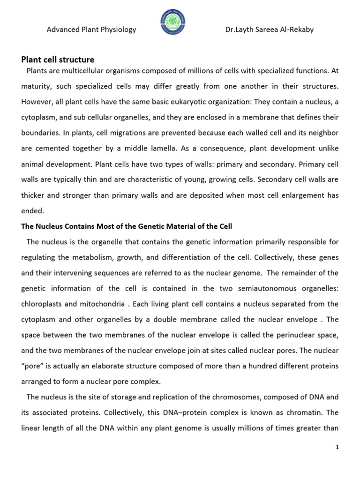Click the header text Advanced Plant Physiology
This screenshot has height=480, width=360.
(x=91, y=30)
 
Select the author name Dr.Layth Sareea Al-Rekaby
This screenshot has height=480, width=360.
(x=270, y=30)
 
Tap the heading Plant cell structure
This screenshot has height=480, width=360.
(x=58, y=60)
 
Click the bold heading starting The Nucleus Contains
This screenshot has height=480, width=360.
(x=127, y=226)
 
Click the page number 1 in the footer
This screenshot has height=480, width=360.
(x=337, y=448)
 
